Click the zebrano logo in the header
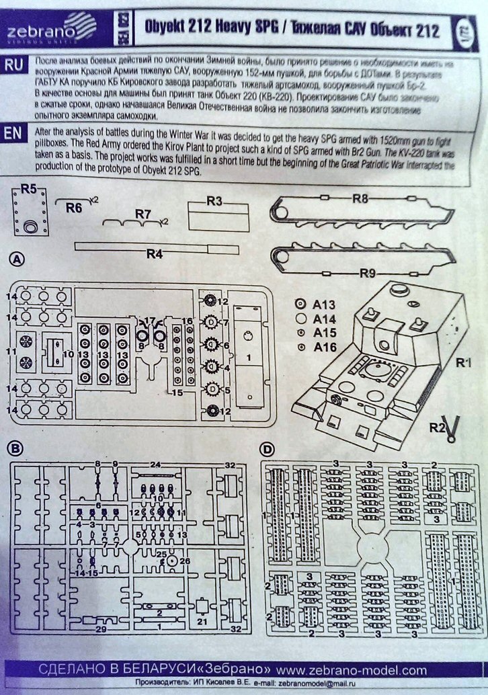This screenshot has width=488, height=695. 53,30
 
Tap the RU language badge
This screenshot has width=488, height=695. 16,65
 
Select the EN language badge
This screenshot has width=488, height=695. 15,133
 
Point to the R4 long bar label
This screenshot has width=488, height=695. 155,253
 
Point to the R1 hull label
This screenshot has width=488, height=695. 463,364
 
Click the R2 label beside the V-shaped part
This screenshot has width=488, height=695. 438,427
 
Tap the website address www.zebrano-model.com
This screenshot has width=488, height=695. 352,670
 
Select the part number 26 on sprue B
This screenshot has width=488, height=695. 186,560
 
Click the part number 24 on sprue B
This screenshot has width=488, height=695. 155,464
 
